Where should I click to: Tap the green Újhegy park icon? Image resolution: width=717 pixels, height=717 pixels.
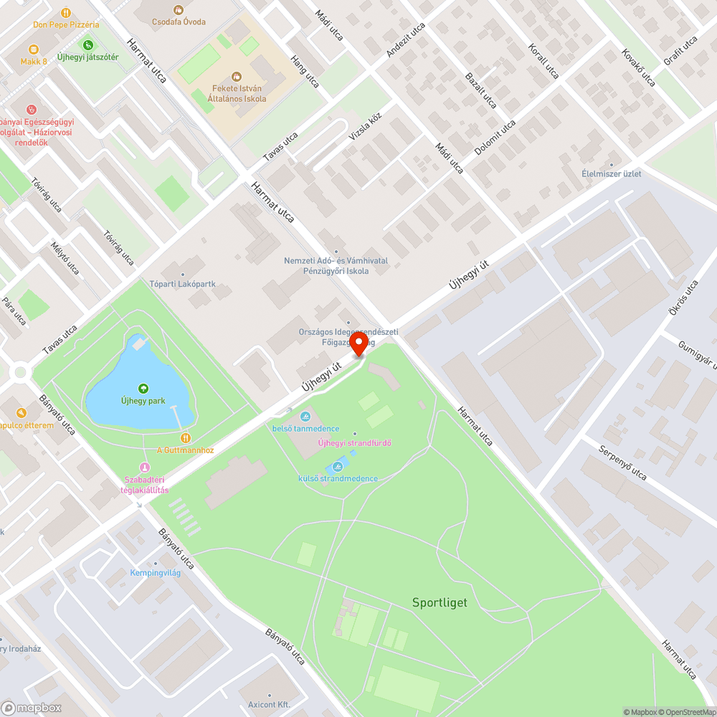point(143,388)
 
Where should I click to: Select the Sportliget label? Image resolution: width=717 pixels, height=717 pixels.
point(440,602)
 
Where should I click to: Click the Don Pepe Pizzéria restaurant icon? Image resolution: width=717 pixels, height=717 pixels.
point(66,12)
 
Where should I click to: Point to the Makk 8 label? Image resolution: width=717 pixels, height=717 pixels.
point(34,62)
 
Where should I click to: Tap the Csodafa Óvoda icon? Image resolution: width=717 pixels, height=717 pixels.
point(179,10)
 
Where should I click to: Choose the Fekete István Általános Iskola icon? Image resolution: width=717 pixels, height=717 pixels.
point(236,77)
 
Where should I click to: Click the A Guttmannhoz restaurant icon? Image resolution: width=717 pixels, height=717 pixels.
point(185,438)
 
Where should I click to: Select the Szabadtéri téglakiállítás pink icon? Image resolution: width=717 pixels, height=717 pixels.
point(144,467)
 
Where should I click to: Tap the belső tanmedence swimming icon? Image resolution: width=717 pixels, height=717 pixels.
point(305,417)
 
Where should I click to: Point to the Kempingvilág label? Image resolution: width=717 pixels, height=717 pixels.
point(156,573)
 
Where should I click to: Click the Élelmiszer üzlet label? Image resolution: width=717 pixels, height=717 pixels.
point(612,174)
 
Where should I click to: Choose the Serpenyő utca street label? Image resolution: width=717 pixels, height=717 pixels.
point(622,465)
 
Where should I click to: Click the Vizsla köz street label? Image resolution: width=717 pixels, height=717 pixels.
point(365,128)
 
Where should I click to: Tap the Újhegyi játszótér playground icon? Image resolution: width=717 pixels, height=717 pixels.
point(89,45)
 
